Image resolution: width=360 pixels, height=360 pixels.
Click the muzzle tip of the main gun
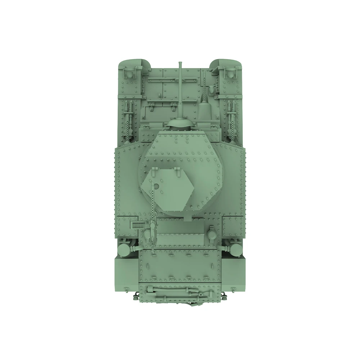point(180,63)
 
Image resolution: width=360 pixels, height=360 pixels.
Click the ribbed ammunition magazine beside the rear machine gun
point(139,225)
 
